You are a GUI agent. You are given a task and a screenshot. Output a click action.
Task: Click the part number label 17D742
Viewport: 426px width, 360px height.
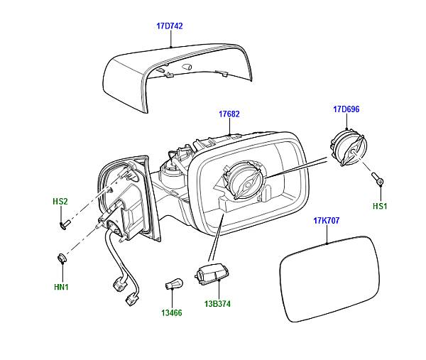tap(170, 26)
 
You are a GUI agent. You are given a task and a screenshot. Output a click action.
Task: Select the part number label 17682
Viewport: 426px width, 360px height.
tap(229, 114)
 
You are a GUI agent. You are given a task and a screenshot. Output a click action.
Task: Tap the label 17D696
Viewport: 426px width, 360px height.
tap(346, 109)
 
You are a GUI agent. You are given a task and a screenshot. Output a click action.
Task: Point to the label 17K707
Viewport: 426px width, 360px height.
tap(327, 221)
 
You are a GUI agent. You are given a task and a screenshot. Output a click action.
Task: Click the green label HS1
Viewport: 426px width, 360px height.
tap(381, 206)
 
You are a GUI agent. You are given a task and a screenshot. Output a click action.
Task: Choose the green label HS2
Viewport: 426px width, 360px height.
tap(60, 202)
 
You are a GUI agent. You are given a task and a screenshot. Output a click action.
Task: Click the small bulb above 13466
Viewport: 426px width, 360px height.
tap(171, 282)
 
